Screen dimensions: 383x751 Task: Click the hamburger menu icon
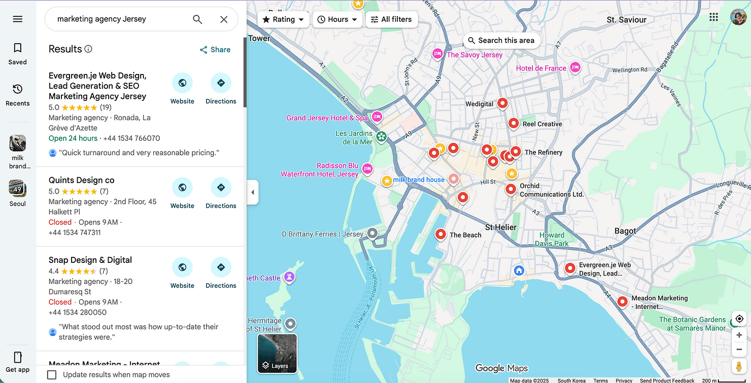tap(18, 19)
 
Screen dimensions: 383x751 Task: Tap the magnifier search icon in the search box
tap(197, 19)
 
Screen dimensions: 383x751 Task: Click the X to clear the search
tap(224, 19)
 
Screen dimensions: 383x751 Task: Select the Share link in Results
tap(215, 50)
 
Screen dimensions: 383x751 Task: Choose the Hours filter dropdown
tap(337, 19)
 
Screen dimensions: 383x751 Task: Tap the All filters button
tap(391, 19)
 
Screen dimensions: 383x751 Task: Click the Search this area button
tap(501, 41)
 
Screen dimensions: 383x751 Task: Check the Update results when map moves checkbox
tap(52, 375)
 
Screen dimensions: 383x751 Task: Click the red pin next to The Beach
tap(440, 234)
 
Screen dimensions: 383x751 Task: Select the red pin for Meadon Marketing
tap(622, 301)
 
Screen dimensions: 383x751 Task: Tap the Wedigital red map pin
tap(502, 103)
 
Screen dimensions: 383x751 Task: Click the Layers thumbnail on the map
tap(277, 353)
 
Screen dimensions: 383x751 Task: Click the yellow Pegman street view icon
tap(739, 366)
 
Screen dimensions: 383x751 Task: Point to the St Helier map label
tap(500, 227)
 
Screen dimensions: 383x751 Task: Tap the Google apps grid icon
tap(713, 17)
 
